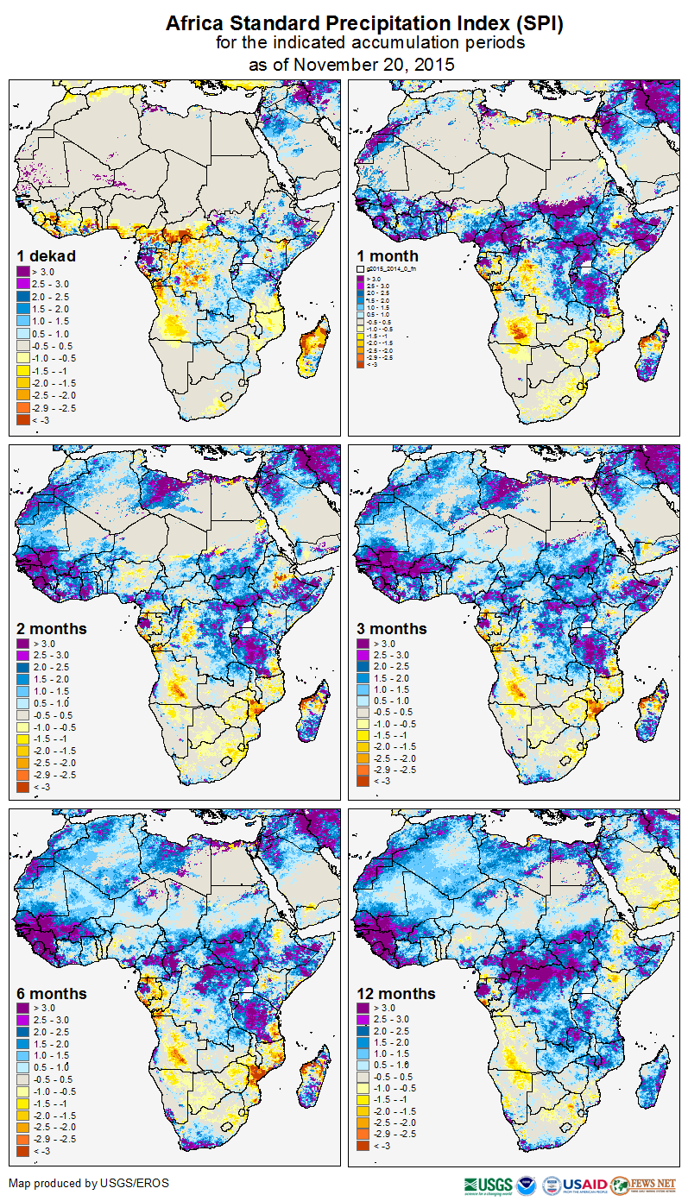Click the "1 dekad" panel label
point(47,256)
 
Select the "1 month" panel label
point(388,256)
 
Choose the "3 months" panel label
point(392,629)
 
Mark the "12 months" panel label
point(396,994)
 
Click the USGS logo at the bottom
point(488,1184)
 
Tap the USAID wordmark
point(586,1184)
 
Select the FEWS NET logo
point(643,1184)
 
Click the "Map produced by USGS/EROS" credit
point(88,1183)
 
